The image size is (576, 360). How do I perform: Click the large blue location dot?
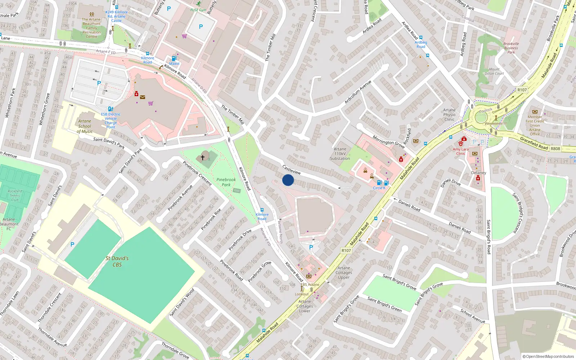288,180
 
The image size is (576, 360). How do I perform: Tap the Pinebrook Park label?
226,182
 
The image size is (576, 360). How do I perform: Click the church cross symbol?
203,158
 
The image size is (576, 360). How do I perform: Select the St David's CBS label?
117,261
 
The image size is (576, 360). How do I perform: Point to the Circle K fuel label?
379,188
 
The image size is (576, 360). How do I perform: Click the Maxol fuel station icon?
174,58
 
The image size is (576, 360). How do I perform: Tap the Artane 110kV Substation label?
340,154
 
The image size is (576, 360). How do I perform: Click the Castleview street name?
292,170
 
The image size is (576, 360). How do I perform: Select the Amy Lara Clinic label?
461,151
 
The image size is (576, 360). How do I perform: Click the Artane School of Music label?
85,126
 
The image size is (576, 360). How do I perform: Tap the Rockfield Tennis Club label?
15,195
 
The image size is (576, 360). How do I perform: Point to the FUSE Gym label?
198,10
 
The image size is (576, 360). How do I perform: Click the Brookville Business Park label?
511,48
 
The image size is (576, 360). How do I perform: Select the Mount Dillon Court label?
494,71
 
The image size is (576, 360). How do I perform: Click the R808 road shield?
555,149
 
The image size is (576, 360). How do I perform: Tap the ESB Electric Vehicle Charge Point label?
111,121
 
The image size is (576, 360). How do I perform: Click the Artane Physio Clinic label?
449,115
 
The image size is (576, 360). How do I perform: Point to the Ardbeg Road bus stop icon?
421,37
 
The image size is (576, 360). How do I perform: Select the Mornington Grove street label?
388,141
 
